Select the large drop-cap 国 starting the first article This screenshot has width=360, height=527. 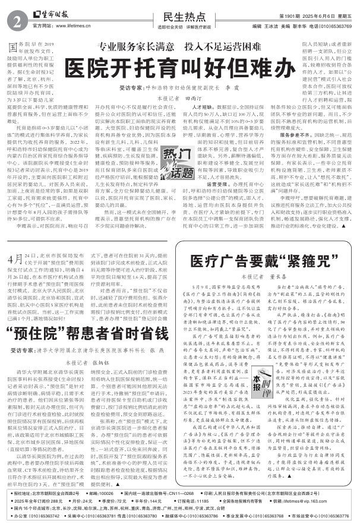[x=13, y=46]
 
